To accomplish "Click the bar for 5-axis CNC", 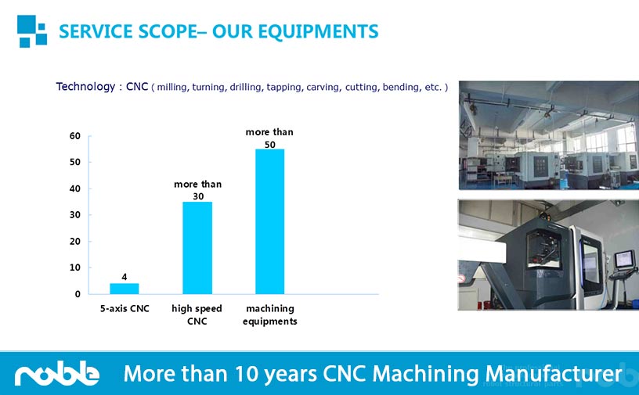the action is tap(125, 289).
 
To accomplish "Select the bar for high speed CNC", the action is tap(197, 248).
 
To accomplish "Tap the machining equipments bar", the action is tap(270, 221).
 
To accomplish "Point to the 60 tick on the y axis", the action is tap(75, 136).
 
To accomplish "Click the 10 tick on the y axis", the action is tap(75, 268).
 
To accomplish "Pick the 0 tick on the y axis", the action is tap(78, 294).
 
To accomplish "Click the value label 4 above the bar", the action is tap(125, 277).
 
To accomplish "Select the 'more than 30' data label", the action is tap(198, 190).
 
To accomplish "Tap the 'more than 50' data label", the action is tap(269, 138).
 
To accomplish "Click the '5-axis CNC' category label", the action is tap(125, 309).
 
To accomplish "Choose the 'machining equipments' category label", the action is tap(270, 314).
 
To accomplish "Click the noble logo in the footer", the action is tap(57, 372).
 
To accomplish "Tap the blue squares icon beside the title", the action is tap(32, 31).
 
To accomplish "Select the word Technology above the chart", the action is tap(85, 86).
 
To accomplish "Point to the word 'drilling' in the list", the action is tap(246, 87).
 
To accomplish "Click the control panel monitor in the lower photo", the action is tap(624, 259).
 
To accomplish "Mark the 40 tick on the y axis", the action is tap(75, 189).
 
